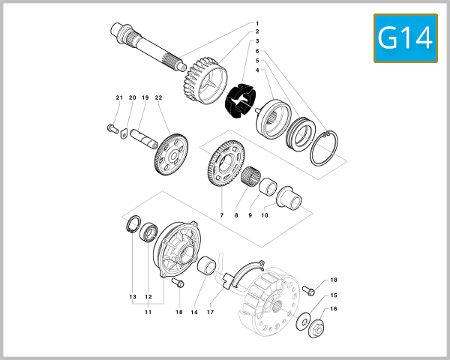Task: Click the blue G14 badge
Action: tap(405, 38)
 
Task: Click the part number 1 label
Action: tap(256, 23)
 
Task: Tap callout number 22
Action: tap(158, 98)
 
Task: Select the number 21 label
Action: tap(118, 98)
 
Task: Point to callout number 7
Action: tap(221, 215)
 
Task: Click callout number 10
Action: tap(264, 215)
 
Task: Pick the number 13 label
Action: tap(132, 297)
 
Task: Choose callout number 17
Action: tap(211, 311)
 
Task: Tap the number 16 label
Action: tap(334, 308)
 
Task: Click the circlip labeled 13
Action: tap(130, 226)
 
